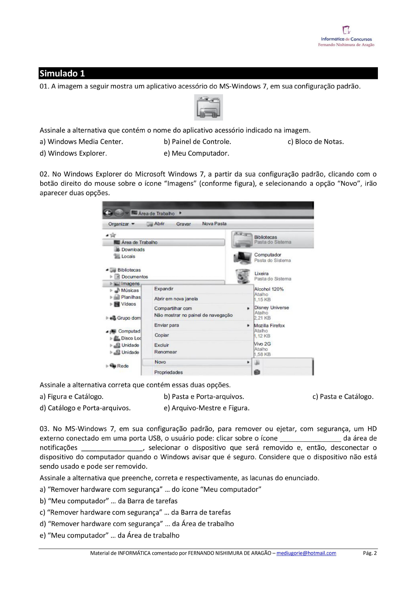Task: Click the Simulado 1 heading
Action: [x=62, y=73]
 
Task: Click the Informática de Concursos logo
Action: [x=346, y=36]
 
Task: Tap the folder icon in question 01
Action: [x=208, y=107]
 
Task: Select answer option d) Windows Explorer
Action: [x=73, y=153]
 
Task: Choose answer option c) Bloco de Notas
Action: [x=316, y=142]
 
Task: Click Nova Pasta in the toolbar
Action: [x=214, y=224]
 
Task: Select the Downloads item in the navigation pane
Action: [x=133, y=249]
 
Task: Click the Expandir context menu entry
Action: [x=164, y=289]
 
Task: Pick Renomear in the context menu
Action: [x=165, y=352]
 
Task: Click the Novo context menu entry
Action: [x=160, y=362]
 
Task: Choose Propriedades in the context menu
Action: [x=168, y=372]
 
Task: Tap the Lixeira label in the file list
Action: [x=261, y=274]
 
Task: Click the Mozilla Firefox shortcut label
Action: [x=269, y=325]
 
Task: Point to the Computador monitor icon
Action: [x=242, y=257]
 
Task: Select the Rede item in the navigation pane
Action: [x=123, y=366]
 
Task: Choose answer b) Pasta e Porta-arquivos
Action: [x=204, y=397]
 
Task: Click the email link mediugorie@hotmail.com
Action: [x=306, y=553]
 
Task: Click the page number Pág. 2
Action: [x=370, y=553]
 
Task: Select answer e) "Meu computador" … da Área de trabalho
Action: [x=109, y=535]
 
